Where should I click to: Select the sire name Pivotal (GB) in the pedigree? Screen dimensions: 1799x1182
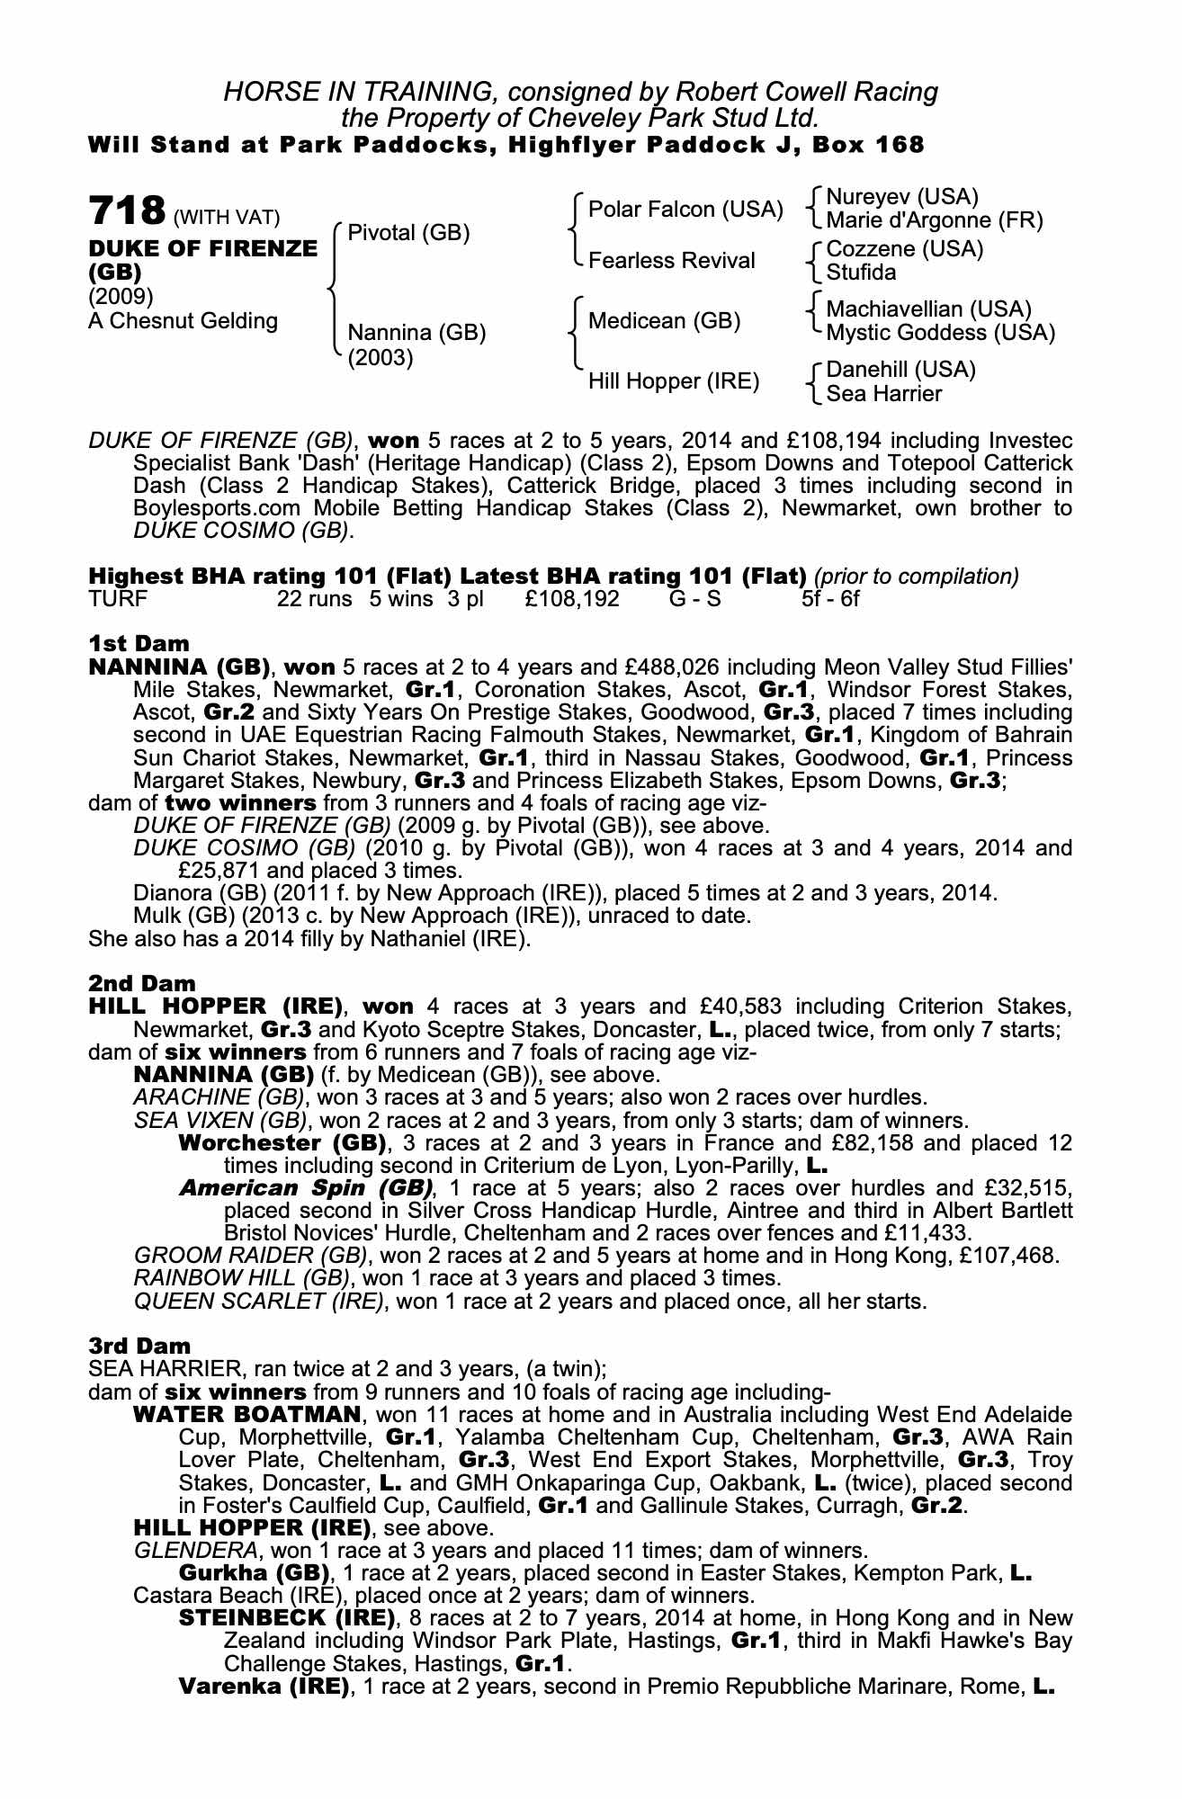[408, 233]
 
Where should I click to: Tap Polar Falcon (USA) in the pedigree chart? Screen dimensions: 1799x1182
[685, 210]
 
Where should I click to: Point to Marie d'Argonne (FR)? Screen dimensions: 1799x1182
[934, 220]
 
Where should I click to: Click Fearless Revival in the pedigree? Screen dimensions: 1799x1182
[671, 261]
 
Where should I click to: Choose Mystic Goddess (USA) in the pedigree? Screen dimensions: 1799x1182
[940, 333]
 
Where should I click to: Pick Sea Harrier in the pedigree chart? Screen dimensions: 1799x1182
[883, 393]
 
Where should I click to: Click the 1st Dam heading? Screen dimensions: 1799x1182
[139, 643]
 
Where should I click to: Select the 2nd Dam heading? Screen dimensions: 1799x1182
[141, 984]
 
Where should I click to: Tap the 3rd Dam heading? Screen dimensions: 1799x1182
[139, 1346]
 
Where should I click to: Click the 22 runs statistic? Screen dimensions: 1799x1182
[315, 598]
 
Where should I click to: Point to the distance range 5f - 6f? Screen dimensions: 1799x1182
[830, 598]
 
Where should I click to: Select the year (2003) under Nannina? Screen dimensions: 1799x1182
[381, 357]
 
